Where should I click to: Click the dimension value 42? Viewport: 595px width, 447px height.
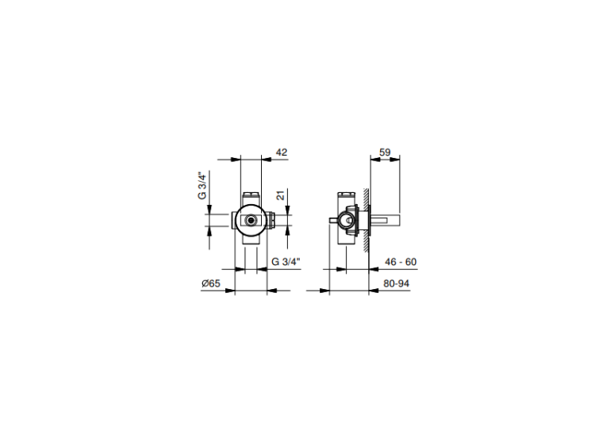pos(281,152)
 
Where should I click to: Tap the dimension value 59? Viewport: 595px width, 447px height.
pos(385,152)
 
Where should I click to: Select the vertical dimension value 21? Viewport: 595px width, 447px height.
pos(280,195)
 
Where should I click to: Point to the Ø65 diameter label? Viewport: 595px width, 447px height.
pos(211,283)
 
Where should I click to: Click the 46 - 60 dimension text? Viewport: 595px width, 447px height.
pos(401,262)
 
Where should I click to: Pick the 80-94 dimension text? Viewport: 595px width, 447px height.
pos(396,283)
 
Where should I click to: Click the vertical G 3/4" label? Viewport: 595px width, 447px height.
pos(202,186)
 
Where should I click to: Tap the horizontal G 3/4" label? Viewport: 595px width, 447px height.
pos(286,262)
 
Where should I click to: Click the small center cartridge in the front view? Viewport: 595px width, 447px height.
pos(251,219)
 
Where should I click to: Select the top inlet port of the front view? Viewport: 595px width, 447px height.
pos(251,198)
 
